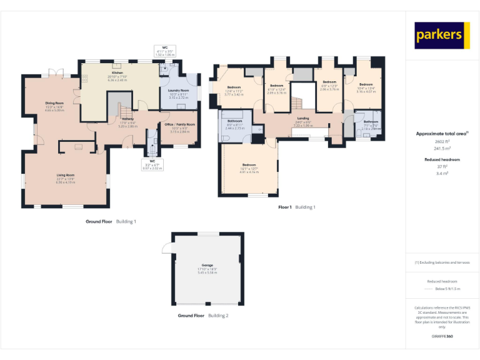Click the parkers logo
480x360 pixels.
click(x=442, y=36)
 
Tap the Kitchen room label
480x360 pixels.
click(x=117, y=73)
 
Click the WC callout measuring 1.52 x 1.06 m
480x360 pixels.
click(x=165, y=51)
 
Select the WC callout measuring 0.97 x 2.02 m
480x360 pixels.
click(x=152, y=164)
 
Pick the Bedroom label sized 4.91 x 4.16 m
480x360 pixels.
click(x=249, y=166)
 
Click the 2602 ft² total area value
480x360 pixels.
click(x=442, y=142)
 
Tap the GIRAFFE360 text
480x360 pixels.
click(x=442, y=337)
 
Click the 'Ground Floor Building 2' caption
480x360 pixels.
click(x=203, y=316)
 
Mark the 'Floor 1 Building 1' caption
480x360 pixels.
click(x=297, y=207)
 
